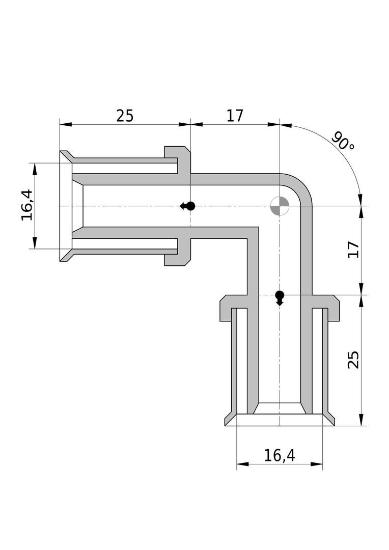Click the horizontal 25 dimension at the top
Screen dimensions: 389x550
(125, 116)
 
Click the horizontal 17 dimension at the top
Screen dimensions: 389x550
(235, 116)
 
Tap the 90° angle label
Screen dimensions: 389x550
(343, 141)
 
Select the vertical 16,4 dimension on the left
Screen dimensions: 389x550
(27, 205)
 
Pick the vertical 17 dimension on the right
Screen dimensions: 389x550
(353, 250)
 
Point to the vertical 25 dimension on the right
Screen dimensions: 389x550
(353, 360)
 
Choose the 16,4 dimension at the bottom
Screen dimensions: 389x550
(280, 455)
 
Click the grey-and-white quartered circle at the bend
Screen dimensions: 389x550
(280, 206)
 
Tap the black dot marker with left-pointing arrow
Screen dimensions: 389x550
(187, 206)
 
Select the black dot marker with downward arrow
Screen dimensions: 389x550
(280, 298)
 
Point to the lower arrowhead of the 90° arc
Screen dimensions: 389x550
(360, 199)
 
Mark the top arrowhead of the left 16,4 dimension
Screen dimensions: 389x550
(35, 169)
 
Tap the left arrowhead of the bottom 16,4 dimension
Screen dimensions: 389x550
(243, 464)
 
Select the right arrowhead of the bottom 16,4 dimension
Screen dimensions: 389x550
(316, 464)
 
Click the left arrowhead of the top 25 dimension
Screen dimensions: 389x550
(66, 124)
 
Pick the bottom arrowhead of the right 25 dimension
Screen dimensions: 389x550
(362, 420)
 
